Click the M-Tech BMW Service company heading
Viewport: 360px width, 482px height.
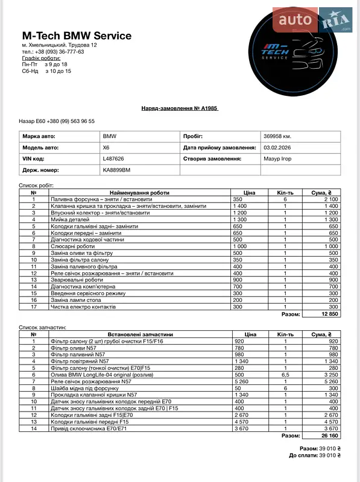[x=77, y=36]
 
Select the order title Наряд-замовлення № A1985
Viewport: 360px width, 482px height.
[x=179, y=108]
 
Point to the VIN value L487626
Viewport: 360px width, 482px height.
[x=113, y=159]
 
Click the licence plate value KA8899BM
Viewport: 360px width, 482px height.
[x=116, y=171]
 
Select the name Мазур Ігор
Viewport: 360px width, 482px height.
[x=277, y=159]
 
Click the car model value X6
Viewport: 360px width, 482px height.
[x=107, y=148]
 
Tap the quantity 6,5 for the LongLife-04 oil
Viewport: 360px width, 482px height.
[x=285, y=375]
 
